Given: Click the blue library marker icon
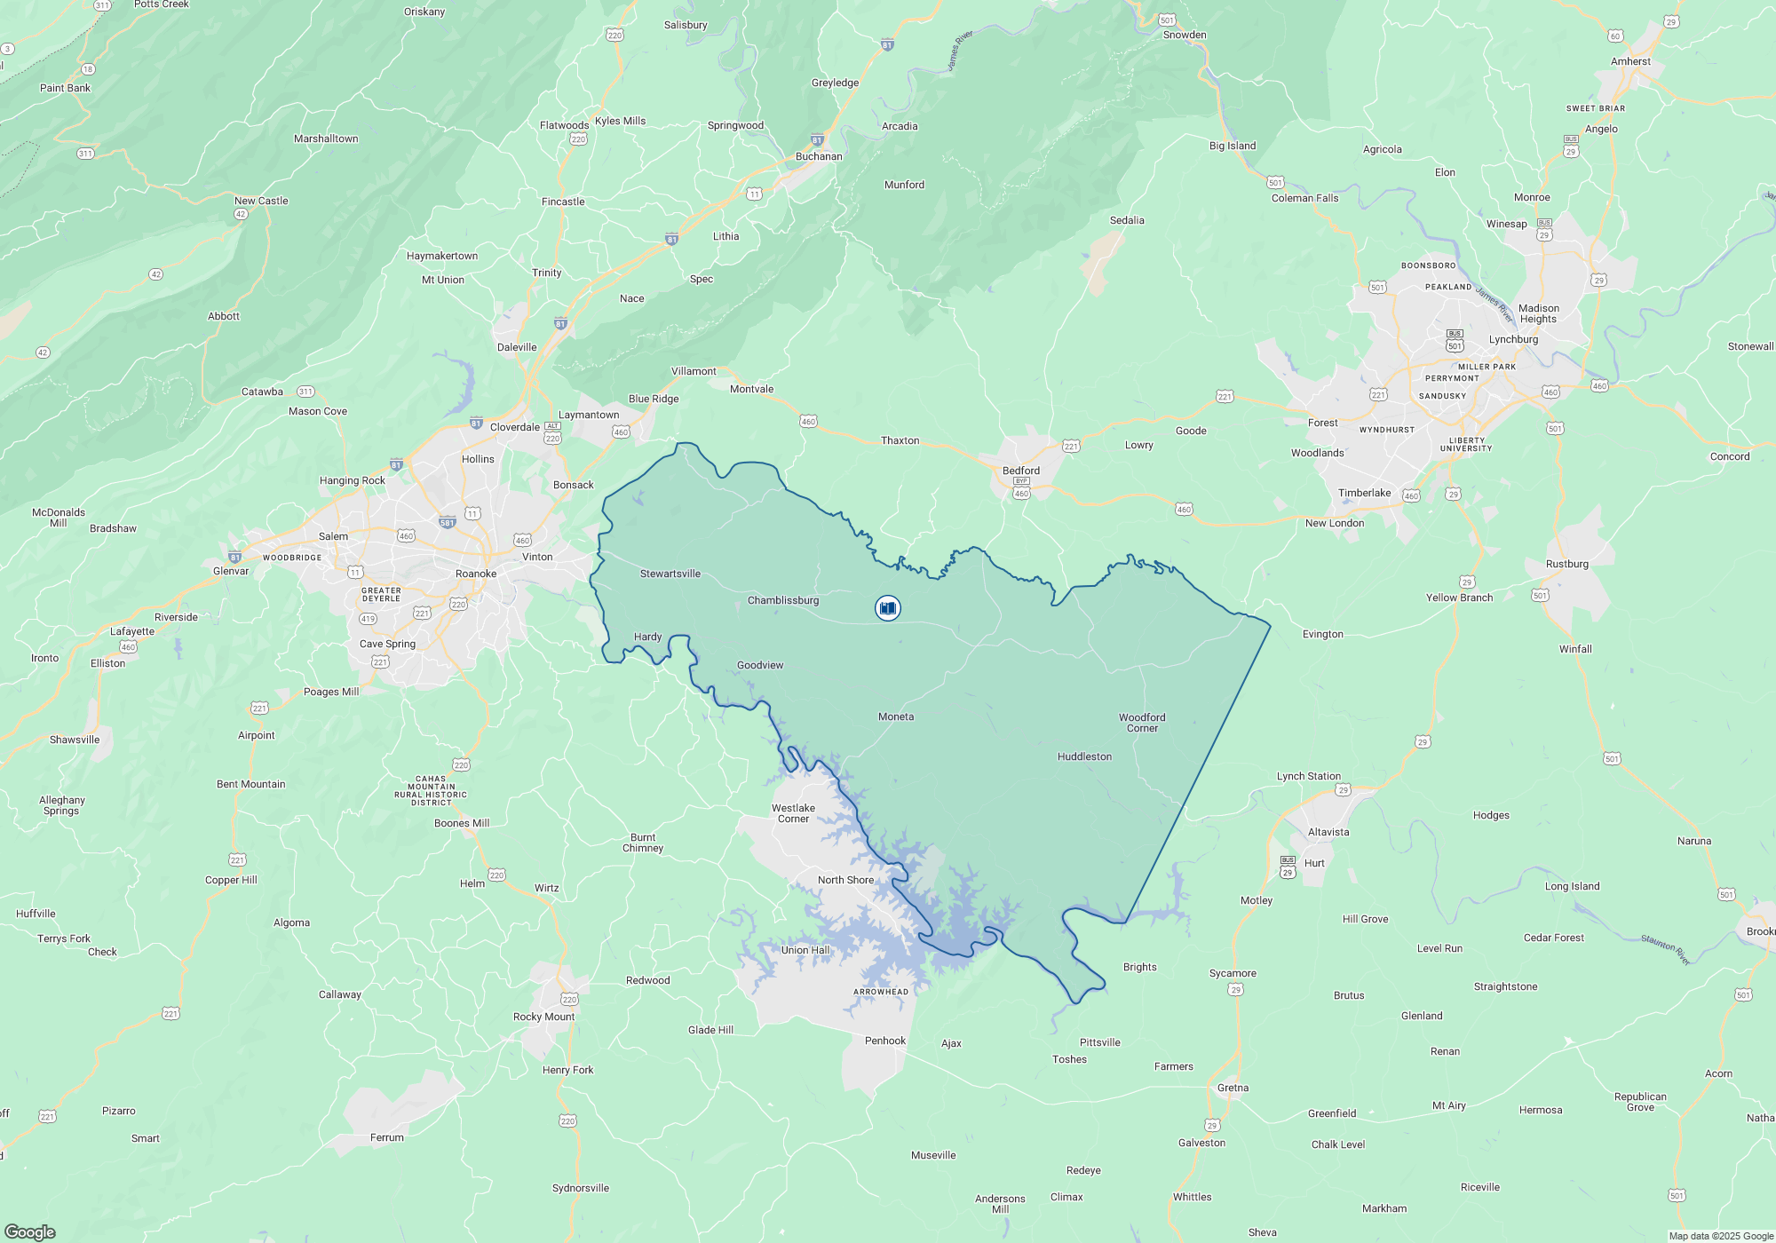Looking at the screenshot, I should click(887, 608).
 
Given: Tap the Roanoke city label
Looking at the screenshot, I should click(476, 574).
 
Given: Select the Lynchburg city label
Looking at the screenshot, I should click(1513, 339).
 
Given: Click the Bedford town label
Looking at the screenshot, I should click(1020, 471).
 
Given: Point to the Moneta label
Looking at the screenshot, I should click(895, 717).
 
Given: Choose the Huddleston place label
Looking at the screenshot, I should click(1084, 756).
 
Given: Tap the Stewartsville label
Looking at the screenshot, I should click(670, 574).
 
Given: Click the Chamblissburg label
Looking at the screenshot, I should click(783, 600).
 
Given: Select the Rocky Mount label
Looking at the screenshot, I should click(543, 1017).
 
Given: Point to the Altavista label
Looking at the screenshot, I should click(1328, 832).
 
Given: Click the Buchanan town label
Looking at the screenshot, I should click(819, 156).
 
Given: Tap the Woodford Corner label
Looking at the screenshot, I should click(1142, 723).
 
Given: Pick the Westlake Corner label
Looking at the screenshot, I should click(793, 813).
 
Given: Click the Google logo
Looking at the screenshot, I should click(30, 1231).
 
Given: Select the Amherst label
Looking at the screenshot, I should click(1630, 61).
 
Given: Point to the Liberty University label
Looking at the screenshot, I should click(1466, 444).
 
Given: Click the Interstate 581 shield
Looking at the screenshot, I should click(447, 522).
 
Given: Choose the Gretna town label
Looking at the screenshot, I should click(1233, 1088).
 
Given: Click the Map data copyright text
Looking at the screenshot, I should click(1720, 1236).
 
